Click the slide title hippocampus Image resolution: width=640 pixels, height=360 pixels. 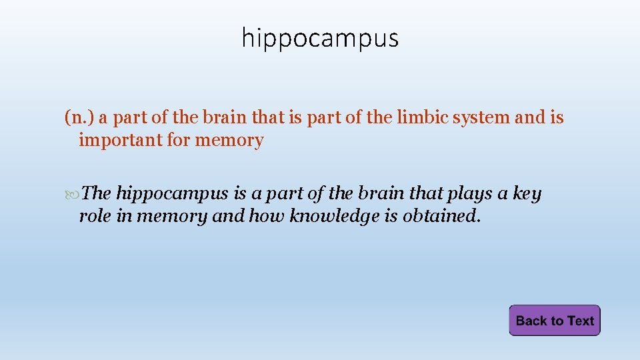click(320, 38)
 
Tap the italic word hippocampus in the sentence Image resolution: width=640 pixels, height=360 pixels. click(173, 194)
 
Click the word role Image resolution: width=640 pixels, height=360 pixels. click(94, 216)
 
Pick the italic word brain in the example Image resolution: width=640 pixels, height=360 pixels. click(383, 193)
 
